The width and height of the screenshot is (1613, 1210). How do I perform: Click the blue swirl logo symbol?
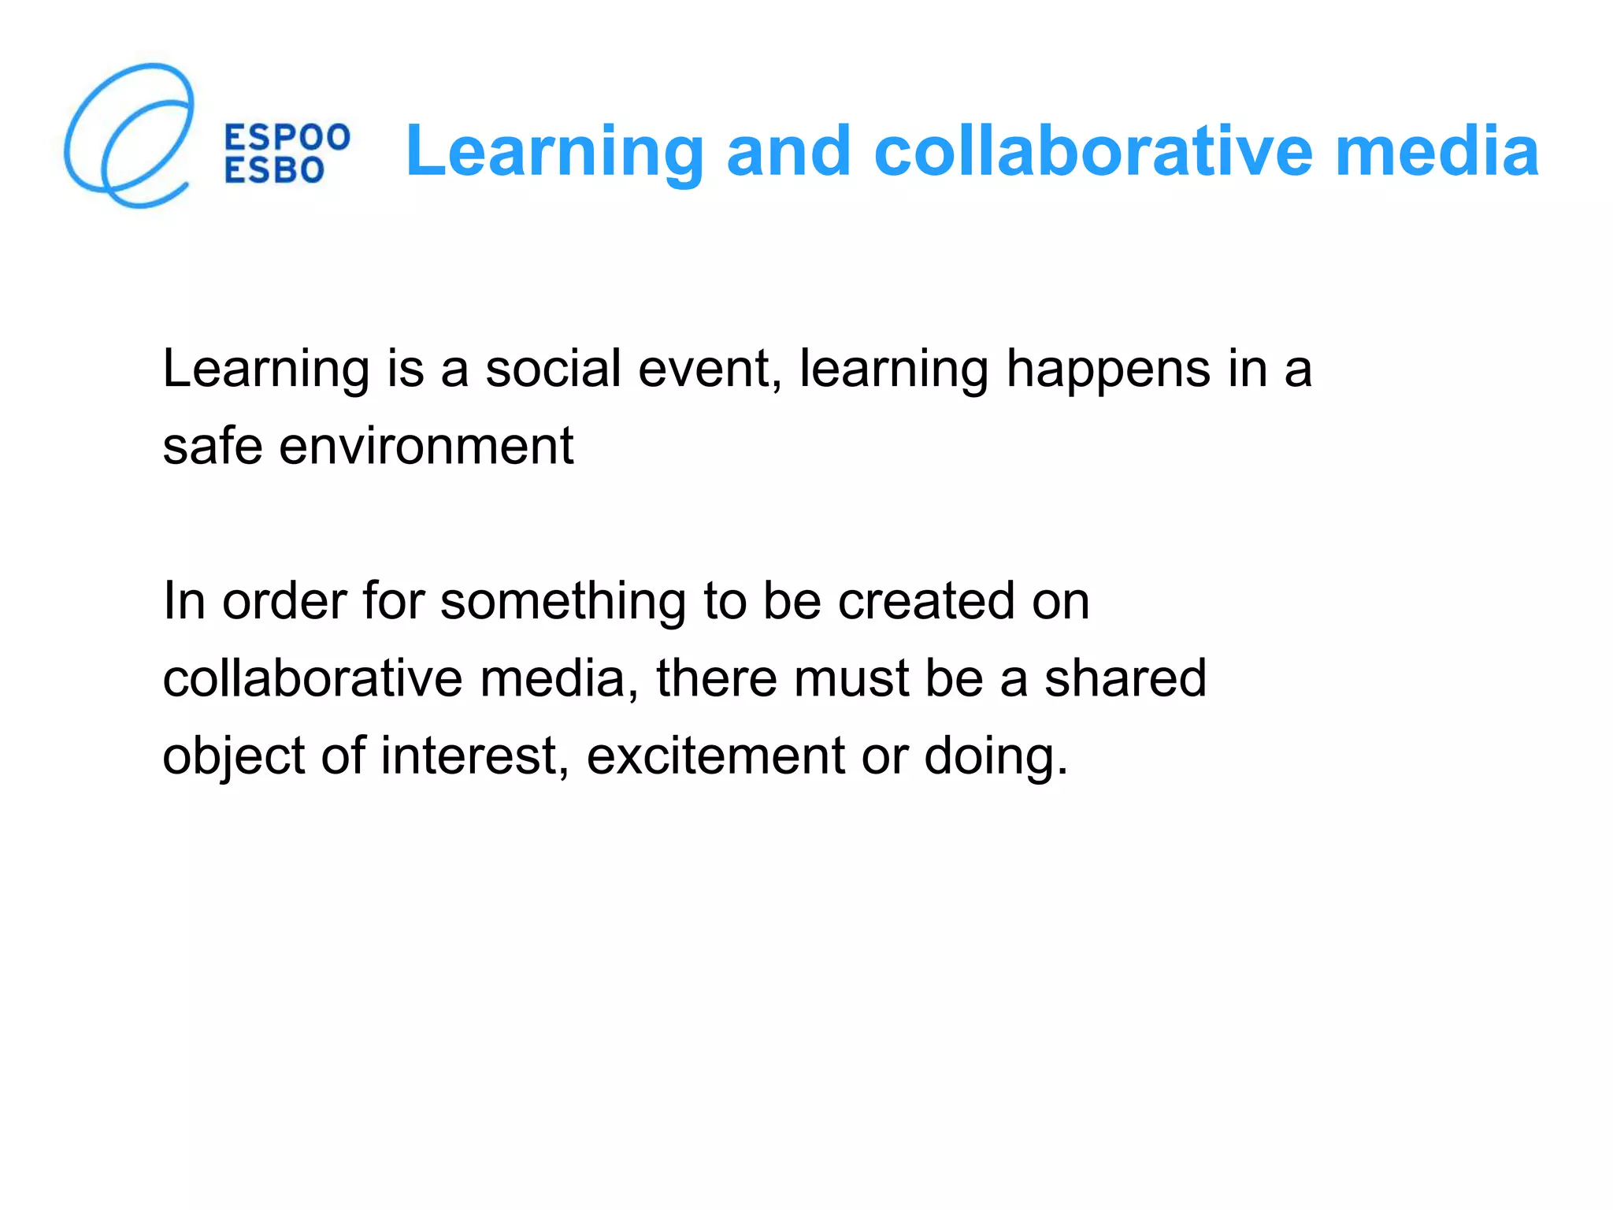point(128,135)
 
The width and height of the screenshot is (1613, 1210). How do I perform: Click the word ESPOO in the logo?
point(287,138)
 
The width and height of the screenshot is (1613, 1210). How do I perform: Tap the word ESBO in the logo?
point(274,170)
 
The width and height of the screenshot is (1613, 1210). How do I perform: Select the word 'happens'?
point(1108,370)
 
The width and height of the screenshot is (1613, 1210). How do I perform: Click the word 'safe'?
point(212,445)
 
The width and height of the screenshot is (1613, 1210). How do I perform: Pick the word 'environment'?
point(426,445)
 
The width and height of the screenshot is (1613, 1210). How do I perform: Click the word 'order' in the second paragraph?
point(284,601)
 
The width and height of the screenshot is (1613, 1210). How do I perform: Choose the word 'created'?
point(925,601)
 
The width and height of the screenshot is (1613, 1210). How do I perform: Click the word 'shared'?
point(1125,678)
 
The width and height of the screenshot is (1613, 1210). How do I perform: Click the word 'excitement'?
point(716,755)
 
